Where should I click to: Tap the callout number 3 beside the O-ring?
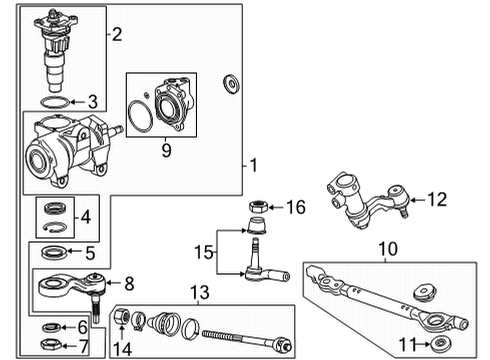pyautogui.click(x=92, y=101)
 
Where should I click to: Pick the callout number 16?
pyautogui.click(x=294, y=206)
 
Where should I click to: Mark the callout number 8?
pyautogui.click(x=127, y=284)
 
